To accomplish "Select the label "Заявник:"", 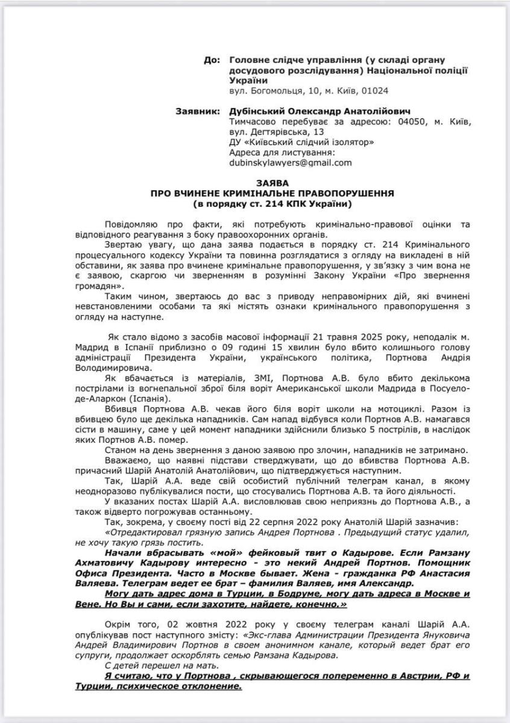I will click(197, 111).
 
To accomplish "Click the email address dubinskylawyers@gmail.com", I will click(290, 163).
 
